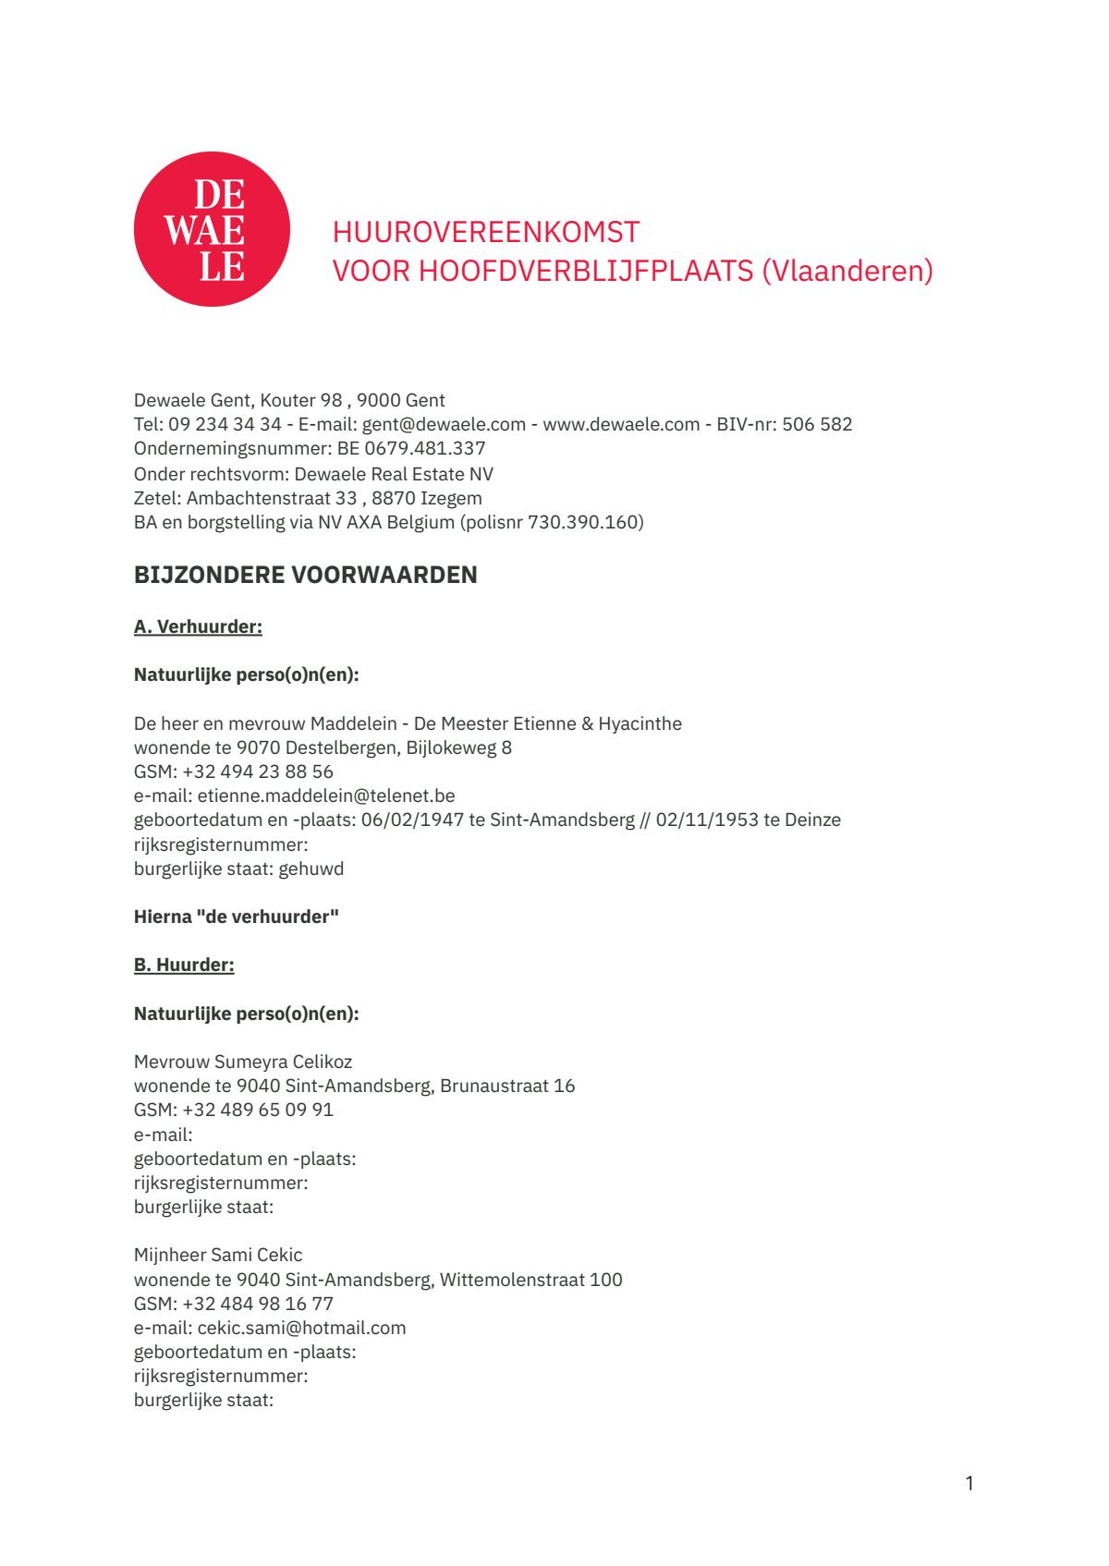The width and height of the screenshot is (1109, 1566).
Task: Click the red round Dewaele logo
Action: (212, 229)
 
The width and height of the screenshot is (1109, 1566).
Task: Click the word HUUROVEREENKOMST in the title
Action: (486, 231)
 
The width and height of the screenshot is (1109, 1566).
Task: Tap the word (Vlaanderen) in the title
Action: (847, 272)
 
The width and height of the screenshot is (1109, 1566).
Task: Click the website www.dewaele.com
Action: (621, 425)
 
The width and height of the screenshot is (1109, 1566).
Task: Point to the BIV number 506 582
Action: (817, 425)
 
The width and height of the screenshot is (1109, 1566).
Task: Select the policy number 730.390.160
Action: (583, 523)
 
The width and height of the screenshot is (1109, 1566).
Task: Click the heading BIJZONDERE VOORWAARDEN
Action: (306, 575)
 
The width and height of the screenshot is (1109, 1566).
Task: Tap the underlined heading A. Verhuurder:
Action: (198, 627)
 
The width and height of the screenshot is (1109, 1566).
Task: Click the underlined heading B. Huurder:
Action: (184, 965)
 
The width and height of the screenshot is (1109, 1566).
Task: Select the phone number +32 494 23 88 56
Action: (258, 771)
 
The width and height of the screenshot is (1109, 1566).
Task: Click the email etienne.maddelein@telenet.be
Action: (326, 795)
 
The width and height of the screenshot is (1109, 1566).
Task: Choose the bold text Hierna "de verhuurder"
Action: (237, 917)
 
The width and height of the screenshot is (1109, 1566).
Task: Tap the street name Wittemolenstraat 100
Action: (531, 1281)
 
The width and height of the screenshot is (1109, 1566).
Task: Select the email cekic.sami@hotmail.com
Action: (302, 1329)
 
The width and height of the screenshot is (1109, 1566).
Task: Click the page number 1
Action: (969, 1484)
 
